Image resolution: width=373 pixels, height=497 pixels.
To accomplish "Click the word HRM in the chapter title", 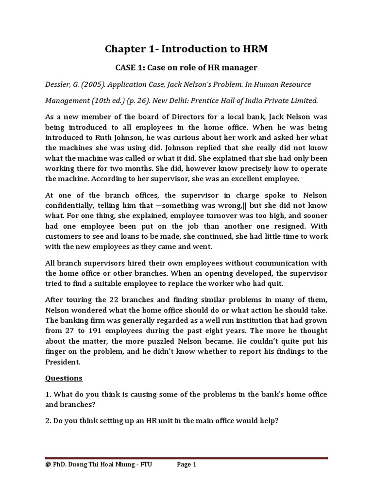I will (251, 49).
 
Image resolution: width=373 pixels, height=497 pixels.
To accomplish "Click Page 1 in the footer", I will (186, 478).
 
